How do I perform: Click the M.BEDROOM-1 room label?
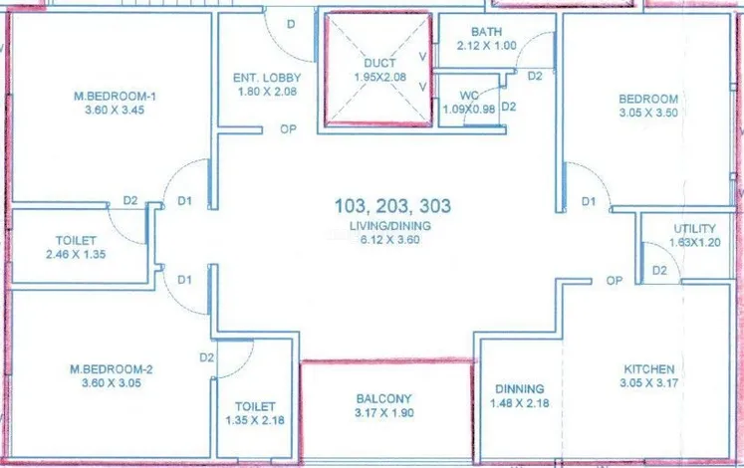click(x=115, y=97)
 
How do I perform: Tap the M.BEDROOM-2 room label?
click(x=112, y=368)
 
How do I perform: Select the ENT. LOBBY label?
click(x=267, y=78)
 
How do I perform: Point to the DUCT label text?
click(x=379, y=63)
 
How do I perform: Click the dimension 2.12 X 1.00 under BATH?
click(x=487, y=46)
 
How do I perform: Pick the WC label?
click(x=469, y=96)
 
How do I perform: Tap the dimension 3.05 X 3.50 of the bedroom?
click(x=648, y=113)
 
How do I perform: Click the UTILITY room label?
click(x=694, y=229)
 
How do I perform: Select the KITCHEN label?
click(x=649, y=368)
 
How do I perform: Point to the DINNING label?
click(x=520, y=389)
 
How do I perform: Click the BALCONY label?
click(x=384, y=398)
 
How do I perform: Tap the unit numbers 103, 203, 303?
click(x=392, y=206)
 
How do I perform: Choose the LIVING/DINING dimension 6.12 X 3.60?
click(x=390, y=239)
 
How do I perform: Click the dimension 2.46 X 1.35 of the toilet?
click(x=76, y=254)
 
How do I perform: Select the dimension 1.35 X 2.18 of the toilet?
click(x=255, y=420)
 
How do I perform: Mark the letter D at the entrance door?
click(x=291, y=24)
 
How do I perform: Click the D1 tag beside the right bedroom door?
click(x=589, y=201)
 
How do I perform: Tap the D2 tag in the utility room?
click(x=659, y=270)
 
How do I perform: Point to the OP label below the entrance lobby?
click(x=288, y=129)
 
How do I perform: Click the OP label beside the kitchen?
click(x=614, y=281)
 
